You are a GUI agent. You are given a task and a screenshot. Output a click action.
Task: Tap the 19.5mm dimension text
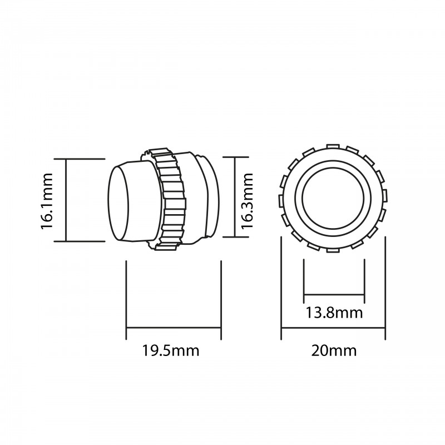click(x=171, y=351)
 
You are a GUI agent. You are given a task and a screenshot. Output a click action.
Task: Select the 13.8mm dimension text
click(x=334, y=312)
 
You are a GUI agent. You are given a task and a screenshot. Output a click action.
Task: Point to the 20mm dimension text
click(x=334, y=351)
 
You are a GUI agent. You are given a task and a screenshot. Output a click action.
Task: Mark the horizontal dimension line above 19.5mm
click(x=174, y=328)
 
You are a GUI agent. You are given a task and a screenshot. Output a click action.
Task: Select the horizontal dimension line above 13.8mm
click(x=334, y=295)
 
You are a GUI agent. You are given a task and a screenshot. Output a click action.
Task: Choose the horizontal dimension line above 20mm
click(x=333, y=328)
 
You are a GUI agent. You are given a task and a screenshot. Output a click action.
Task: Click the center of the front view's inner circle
click(x=334, y=197)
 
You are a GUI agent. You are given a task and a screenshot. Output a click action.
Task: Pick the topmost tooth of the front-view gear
click(x=334, y=146)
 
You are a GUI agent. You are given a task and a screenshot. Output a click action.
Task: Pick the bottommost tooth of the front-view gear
click(x=333, y=249)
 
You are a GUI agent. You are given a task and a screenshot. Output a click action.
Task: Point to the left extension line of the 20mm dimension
click(x=281, y=289)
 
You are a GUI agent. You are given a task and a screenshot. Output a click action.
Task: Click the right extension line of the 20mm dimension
click(x=385, y=289)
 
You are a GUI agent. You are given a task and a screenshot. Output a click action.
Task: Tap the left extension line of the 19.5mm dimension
click(x=126, y=298)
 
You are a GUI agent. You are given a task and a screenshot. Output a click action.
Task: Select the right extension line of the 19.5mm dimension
click(x=221, y=298)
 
